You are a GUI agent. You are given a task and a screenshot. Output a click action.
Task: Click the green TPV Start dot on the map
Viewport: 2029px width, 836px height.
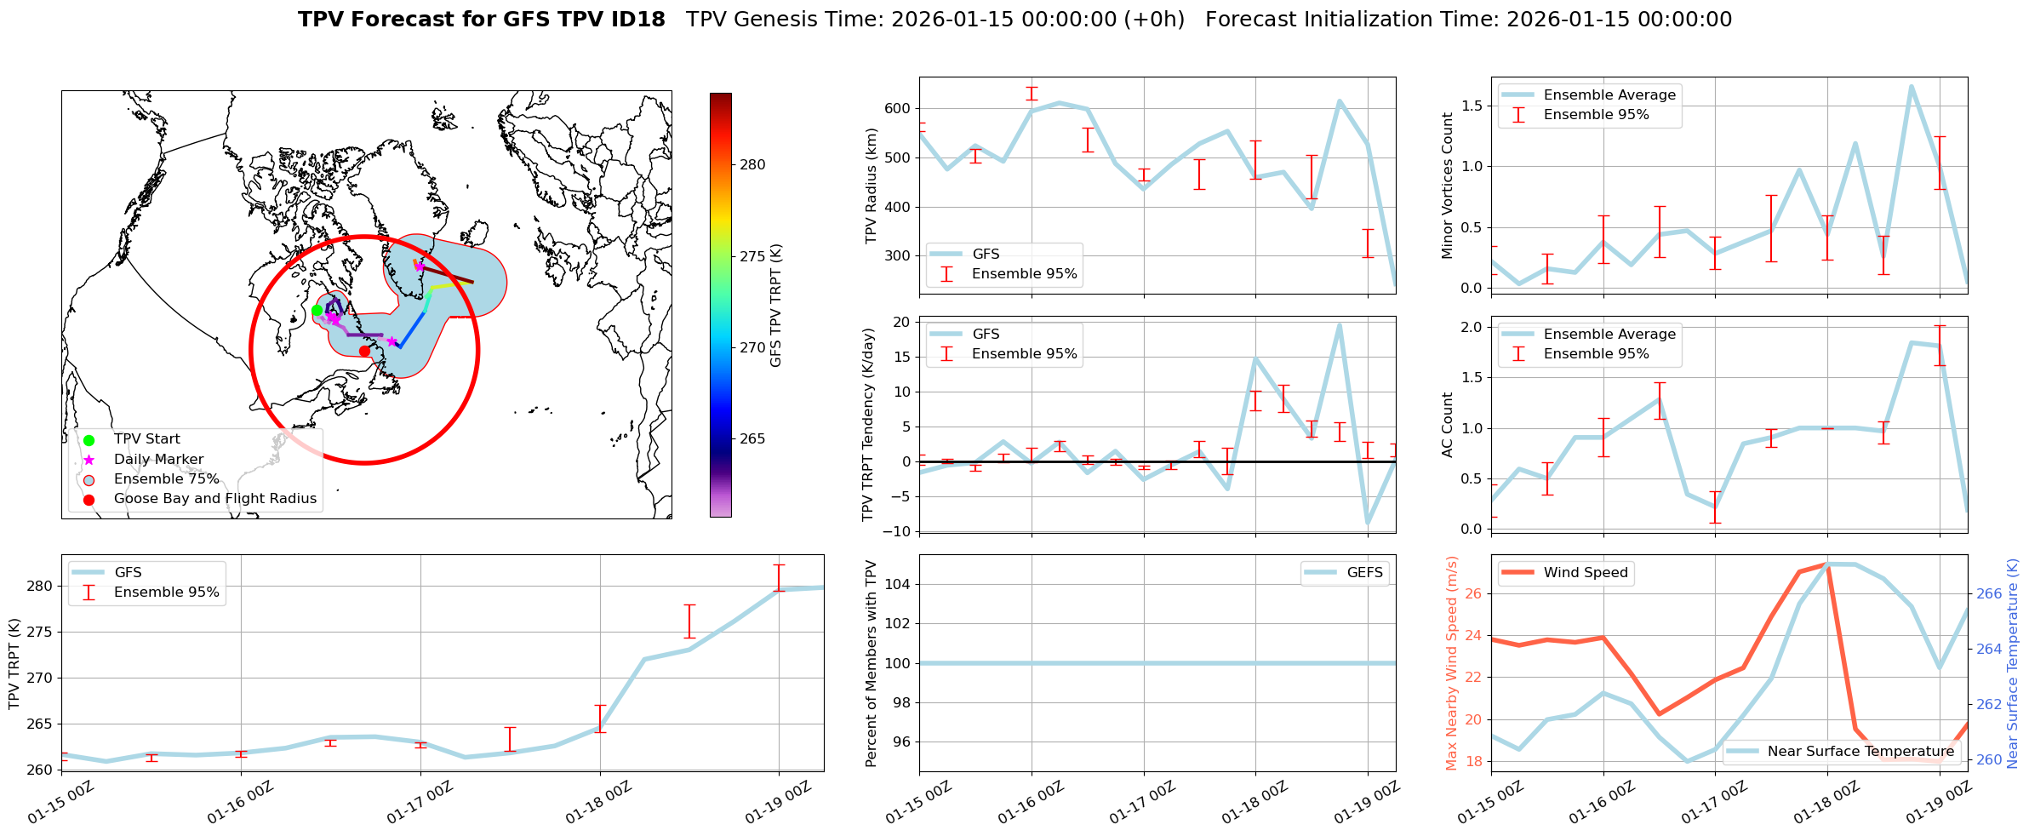click(317, 310)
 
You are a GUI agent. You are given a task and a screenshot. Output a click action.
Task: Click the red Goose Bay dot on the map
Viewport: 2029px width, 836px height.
click(364, 351)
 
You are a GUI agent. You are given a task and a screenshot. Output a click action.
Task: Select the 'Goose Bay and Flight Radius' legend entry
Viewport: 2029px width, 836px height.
click(214, 499)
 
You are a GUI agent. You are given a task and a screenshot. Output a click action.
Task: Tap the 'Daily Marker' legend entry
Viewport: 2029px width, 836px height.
click(158, 460)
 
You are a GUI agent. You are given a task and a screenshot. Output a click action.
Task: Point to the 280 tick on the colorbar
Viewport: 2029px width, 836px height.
click(752, 165)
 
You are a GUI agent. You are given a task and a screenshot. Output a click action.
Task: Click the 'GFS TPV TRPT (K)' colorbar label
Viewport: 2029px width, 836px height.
click(775, 306)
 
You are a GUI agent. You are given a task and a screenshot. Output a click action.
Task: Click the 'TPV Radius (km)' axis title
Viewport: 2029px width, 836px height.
click(871, 186)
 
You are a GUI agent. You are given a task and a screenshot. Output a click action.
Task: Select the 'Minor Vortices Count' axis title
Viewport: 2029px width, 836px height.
click(1447, 186)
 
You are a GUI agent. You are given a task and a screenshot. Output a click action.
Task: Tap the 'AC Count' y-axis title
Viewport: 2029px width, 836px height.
click(1447, 425)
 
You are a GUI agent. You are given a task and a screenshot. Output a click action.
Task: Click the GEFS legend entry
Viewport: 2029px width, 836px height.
click(1364, 573)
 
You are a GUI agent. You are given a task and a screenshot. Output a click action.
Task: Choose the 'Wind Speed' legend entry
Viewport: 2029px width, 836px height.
click(1585, 573)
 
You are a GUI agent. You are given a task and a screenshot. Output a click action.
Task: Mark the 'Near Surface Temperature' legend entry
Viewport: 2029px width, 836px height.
click(1860, 752)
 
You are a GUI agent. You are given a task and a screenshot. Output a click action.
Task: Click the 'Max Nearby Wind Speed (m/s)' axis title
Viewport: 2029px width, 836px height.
click(1452, 663)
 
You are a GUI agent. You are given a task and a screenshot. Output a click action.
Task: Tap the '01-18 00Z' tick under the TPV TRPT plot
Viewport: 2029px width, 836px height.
click(599, 803)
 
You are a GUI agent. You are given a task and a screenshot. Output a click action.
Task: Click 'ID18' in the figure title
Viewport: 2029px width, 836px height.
click(637, 20)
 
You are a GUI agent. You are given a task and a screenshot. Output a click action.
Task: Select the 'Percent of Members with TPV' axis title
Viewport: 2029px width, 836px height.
click(871, 663)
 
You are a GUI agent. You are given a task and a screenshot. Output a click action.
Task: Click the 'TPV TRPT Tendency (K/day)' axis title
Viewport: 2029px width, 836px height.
click(867, 425)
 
